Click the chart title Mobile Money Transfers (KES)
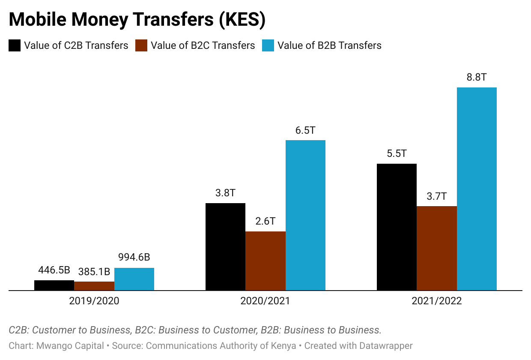pos(137,20)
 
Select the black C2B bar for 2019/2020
pos(54,285)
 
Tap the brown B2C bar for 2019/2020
pos(94,286)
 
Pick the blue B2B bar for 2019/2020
pos(134,279)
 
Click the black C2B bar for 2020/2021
pos(225,247)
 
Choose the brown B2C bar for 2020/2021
pos(265,261)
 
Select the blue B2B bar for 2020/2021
pos(305,215)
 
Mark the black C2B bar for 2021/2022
pos(397,227)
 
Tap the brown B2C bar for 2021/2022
pos(437,249)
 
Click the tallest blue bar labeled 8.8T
pos(477,189)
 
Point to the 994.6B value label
pos(134,258)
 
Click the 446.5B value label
pos(54,270)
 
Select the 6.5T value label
pos(305,130)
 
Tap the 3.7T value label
pos(437,196)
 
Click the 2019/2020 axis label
pos(94,301)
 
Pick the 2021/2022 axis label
pos(437,301)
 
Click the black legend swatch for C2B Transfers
pos(15,45)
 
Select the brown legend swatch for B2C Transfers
pos(141,45)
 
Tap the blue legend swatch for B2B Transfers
pos(268,45)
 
